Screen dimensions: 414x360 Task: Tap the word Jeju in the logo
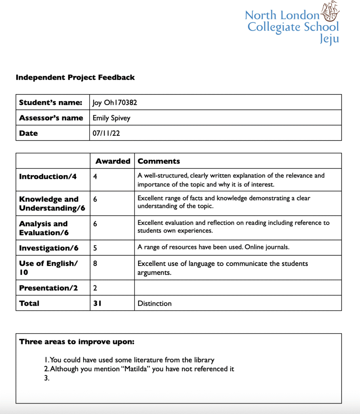pyautogui.click(x=329, y=39)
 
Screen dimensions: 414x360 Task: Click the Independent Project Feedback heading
pyautogui.click(x=75, y=77)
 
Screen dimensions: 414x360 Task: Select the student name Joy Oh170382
pyautogui.click(x=115, y=103)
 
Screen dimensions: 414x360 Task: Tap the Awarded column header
pyautogui.click(x=113, y=161)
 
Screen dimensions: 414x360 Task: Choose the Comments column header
pyautogui.click(x=159, y=161)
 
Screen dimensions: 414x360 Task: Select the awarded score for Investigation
pyautogui.click(x=95, y=248)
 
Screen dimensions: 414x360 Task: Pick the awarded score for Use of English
pyautogui.click(x=95, y=264)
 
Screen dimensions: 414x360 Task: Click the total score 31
pyautogui.click(x=97, y=303)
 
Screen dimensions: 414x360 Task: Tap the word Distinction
pyautogui.click(x=154, y=303)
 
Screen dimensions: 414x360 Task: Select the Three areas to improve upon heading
pyautogui.click(x=77, y=342)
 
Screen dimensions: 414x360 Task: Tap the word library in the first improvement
pyautogui.click(x=203, y=360)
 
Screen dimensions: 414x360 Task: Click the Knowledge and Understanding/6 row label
pyautogui.click(x=49, y=203)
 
